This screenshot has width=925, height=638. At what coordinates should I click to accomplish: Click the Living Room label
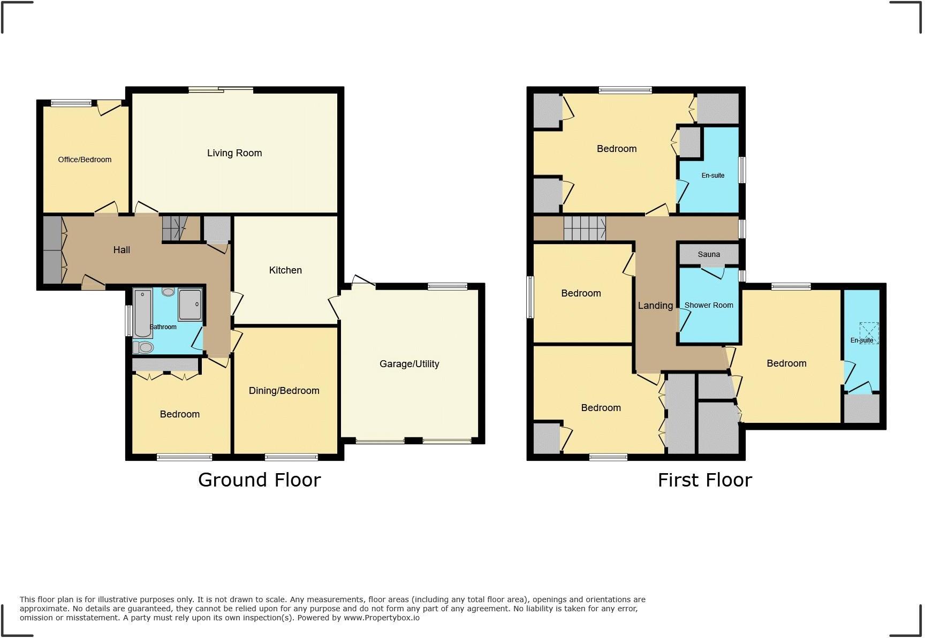(234, 153)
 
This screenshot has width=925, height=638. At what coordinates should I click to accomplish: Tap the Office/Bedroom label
(85, 159)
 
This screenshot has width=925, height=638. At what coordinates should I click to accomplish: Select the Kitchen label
(285, 270)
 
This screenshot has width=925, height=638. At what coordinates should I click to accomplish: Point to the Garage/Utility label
(409, 364)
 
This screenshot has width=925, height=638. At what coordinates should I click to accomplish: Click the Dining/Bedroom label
(284, 391)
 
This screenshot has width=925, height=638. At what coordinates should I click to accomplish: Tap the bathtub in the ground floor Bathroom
(143, 313)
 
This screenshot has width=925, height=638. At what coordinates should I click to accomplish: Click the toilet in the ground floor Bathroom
(143, 347)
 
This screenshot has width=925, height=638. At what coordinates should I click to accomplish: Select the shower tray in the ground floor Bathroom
(190, 305)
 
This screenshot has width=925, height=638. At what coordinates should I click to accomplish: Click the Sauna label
(709, 255)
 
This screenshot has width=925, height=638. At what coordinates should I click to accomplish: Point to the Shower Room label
(709, 305)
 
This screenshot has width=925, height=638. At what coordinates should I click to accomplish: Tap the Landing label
(655, 306)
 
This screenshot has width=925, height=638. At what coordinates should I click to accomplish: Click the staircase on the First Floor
(585, 229)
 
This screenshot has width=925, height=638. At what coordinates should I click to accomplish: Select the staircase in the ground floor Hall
(173, 229)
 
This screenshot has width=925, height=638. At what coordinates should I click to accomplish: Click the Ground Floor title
(259, 480)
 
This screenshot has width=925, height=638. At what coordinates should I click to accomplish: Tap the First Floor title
(704, 480)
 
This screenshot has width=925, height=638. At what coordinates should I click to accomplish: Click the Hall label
(122, 250)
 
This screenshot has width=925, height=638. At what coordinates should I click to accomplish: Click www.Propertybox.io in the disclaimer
(381, 618)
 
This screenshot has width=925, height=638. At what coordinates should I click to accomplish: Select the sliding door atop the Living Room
(221, 90)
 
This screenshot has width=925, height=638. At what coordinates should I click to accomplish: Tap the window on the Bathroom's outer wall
(128, 321)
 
